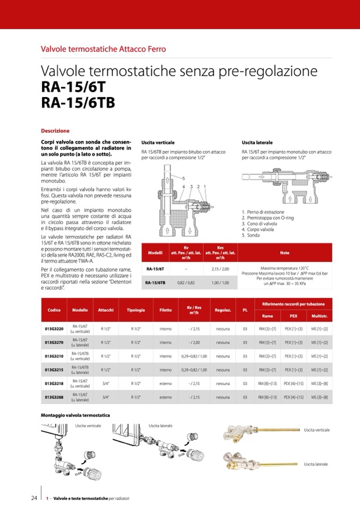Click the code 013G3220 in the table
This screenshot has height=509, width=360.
(54, 329)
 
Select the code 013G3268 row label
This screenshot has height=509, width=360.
(54, 396)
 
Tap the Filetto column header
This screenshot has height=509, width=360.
(165, 309)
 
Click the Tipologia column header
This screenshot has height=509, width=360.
(136, 309)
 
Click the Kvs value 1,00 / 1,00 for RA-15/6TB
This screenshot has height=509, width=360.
(220, 283)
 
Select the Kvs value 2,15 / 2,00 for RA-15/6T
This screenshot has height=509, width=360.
(220, 270)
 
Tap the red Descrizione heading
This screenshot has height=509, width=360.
(55, 131)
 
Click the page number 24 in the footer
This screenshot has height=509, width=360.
(34, 498)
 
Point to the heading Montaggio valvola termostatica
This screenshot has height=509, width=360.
(75, 415)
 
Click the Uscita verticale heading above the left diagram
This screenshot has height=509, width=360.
(158, 143)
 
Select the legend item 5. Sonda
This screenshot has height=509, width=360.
(251, 235)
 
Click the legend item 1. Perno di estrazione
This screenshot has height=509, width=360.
(262, 212)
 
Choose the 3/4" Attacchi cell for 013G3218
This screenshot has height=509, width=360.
(105, 383)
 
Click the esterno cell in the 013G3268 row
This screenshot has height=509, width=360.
(165, 396)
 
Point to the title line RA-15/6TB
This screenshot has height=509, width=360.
(78, 102)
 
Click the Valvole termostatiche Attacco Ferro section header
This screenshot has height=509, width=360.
(104, 49)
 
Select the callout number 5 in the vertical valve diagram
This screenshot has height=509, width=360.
(183, 178)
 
